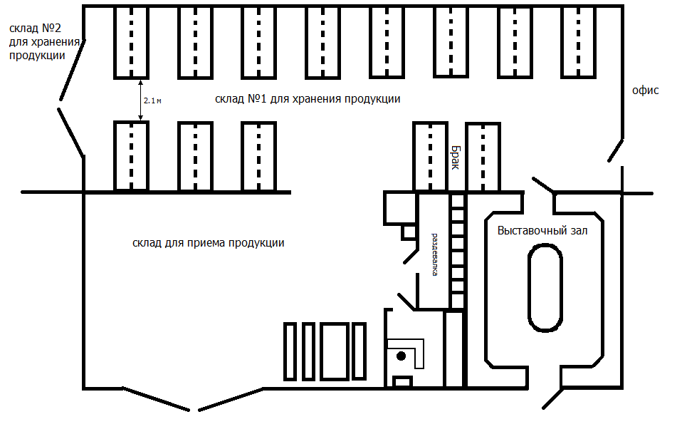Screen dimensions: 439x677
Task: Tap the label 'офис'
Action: click(646, 91)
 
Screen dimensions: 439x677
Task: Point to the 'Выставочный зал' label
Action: click(542, 231)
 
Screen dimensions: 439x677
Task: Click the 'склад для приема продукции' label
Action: click(208, 242)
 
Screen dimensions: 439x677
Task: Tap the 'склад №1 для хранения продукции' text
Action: click(307, 99)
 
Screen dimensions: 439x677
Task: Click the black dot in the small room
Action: click(402, 355)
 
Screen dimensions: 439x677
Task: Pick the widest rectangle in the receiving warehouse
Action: click(334, 352)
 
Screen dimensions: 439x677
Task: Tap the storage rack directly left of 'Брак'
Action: click(430, 156)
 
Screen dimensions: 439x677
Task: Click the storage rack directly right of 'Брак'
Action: click(483, 156)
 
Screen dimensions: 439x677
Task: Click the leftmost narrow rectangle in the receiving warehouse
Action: click(290, 352)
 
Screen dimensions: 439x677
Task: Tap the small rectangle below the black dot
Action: click(403, 382)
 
